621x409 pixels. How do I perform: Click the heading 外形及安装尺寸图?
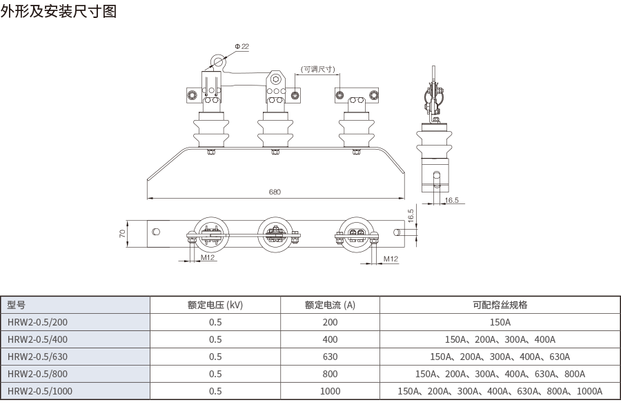click(59, 13)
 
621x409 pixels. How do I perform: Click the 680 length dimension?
click(275, 192)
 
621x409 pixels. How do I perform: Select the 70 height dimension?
click(122, 234)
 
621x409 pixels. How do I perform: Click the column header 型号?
click(17, 305)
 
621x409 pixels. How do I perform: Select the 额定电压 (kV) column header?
click(215, 305)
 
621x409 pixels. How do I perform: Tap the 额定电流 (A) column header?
click(330, 305)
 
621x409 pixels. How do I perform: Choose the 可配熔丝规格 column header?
click(500, 305)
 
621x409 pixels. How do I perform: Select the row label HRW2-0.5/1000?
click(39, 391)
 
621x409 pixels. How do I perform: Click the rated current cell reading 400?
click(330, 339)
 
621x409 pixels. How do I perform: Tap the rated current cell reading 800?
click(330, 374)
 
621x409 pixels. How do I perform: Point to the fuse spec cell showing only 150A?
click(500, 322)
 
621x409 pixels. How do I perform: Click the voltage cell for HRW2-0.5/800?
click(215, 374)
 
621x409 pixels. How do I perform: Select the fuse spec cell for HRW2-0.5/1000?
click(500, 391)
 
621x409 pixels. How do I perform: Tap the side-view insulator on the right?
click(435, 141)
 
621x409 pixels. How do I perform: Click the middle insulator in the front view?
click(274, 128)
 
